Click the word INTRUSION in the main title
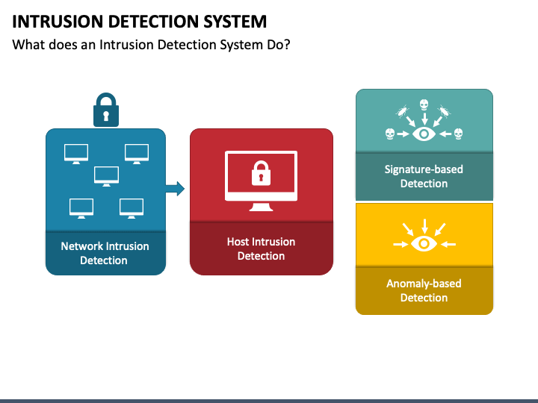click(58, 22)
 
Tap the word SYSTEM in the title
click(235, 22)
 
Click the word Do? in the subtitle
click(279, 45)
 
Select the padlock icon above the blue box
click(106, 110)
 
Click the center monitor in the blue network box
click(106, 176)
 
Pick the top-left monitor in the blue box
click(76, 154)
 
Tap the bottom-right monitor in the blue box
click(132, 208)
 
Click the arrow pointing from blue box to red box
click(175, 189)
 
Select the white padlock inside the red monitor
click(261, 173)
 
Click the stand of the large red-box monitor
click(261, 207)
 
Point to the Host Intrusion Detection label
click(261, 249)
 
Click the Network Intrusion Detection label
click(105, 253)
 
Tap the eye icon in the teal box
click(424, 134)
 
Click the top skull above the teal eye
click(424, 105)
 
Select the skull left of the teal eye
click(390, 134)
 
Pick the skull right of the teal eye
click(458, 134)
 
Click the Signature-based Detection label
click(424, 176)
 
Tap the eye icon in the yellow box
click(424, 243)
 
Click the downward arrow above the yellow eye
click(424, 226)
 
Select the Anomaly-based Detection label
click(424, 290)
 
